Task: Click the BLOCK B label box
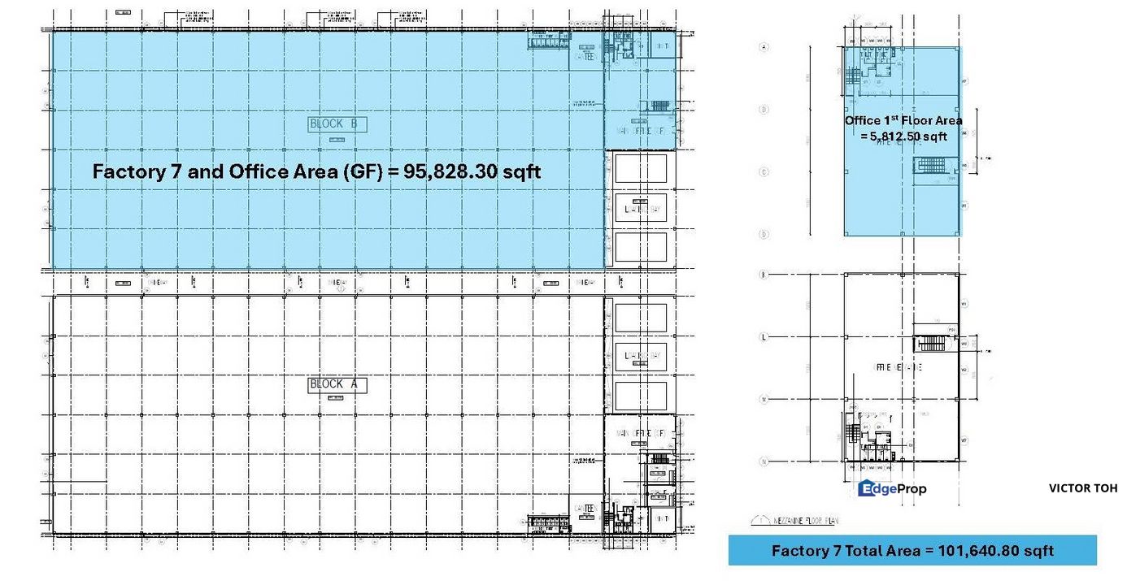pyautogui.click(x=337, y=124)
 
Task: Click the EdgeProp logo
pyautogui.click(x=892, y=488)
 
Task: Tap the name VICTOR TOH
pyautogui.click(x=1082, y=488)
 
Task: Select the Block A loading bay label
pyautogui.click(x=641, y=355)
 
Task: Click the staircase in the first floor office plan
pyautogui.click(x=931, y=166)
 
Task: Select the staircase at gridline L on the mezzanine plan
pyautogui.click(x=931, y=343)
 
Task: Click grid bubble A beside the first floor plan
pyautogui.click(x=764, y=47)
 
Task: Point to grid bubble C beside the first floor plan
pyautogui.click(x=764, y=172)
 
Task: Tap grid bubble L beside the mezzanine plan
pyautogui.click(x=764, y=336)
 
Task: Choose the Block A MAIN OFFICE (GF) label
pyautogui.click(x=641, y=433)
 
